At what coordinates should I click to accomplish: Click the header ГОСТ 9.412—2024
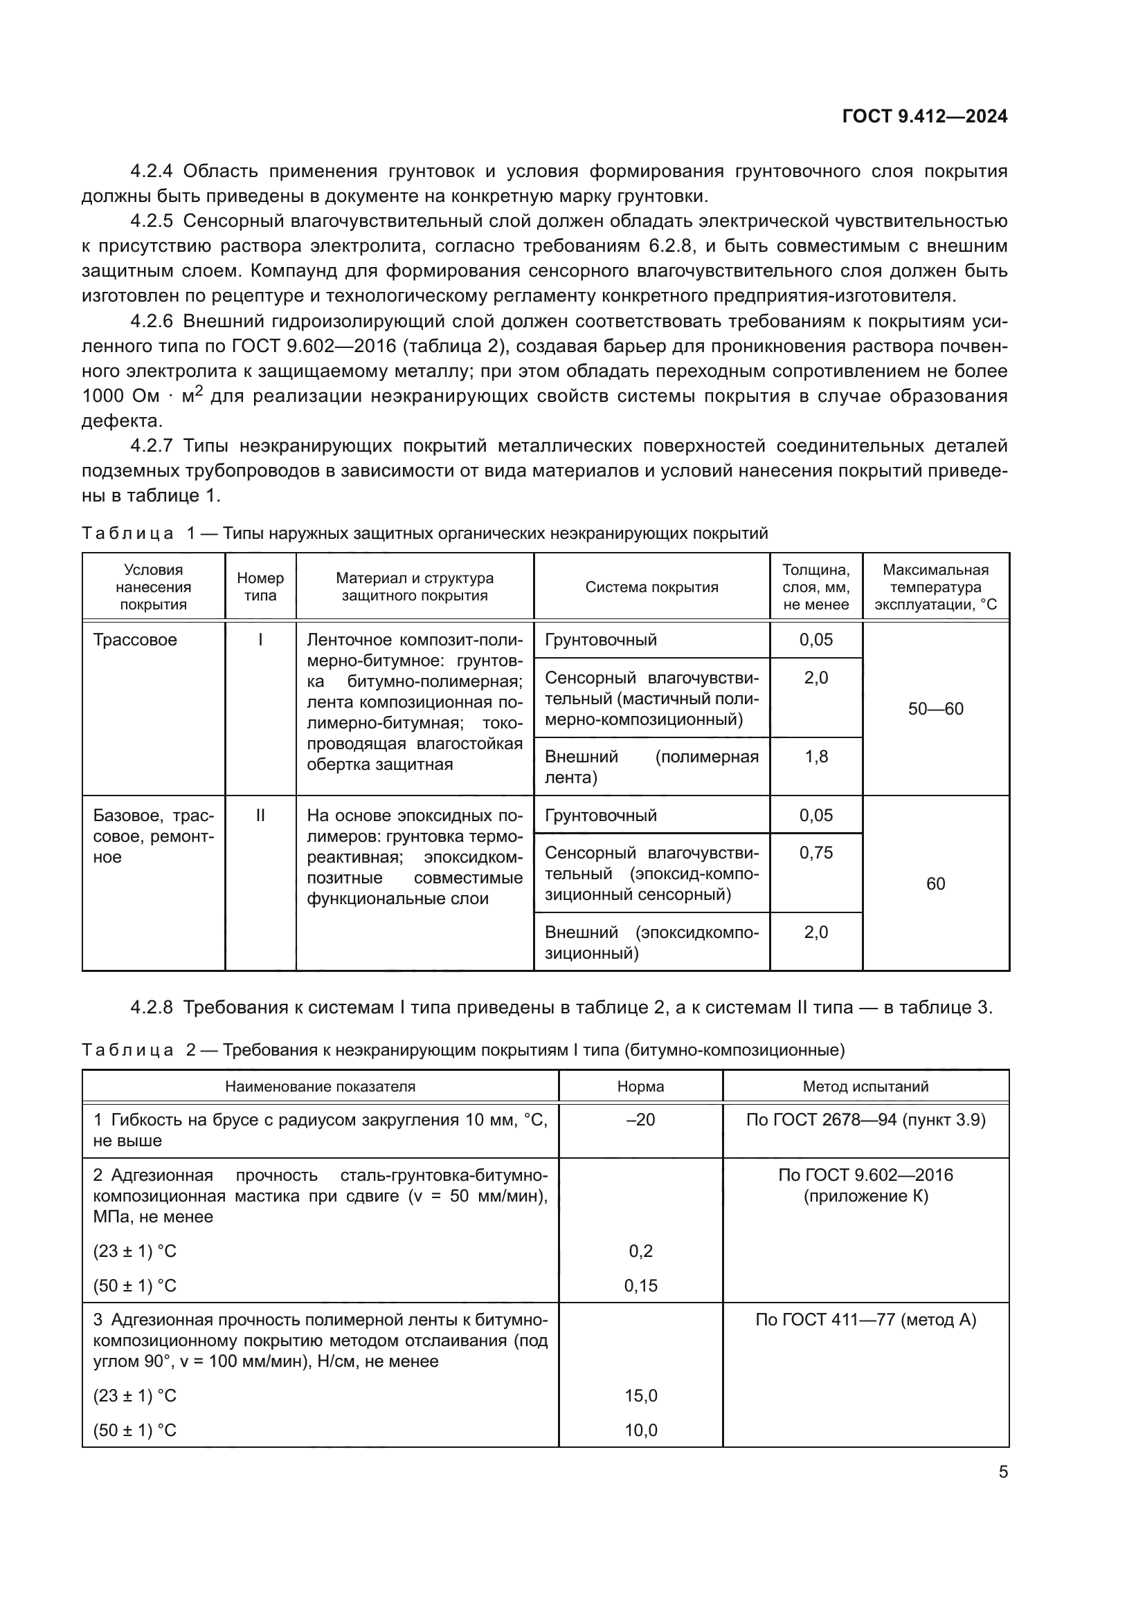[924, 116]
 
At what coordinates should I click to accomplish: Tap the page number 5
[1002, 1471]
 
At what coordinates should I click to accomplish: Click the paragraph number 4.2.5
[151, 221]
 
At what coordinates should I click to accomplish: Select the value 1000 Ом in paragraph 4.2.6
[120, 396]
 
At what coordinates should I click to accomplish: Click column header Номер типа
[260, 587]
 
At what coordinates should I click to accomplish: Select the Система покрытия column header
[651, 587]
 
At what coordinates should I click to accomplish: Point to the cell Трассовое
[135, 640]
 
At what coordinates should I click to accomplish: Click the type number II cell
[260, 816]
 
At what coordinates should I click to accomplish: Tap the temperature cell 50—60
[936, 709]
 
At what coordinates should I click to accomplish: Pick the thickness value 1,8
[815, 757]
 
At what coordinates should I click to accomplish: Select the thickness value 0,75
[815, 853]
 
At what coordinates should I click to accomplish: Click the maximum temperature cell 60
[936, 883]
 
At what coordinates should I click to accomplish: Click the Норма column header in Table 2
[640, 1087]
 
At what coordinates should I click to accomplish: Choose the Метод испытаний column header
[865, 1087]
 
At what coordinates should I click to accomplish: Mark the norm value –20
[640, 1120]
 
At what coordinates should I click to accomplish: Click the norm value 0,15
[640, 1286]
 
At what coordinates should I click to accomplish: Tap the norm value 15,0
[640, 1396]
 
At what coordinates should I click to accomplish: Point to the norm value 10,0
[640, 1431]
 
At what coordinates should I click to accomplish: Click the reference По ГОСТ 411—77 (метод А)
[865, 1320]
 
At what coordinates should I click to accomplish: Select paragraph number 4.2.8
[151, 1008]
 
